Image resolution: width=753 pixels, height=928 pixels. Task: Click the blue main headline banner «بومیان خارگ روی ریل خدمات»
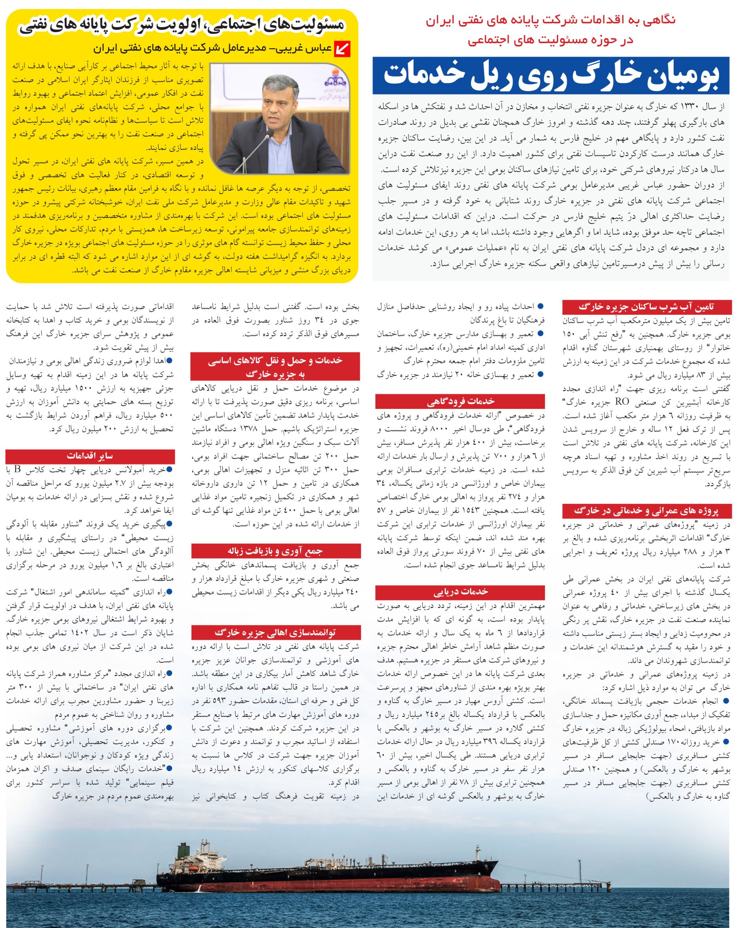pos(551,75)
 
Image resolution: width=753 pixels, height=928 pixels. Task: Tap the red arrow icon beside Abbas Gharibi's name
pos(342,49)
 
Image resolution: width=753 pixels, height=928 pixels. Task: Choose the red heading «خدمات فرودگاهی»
pos(460,401)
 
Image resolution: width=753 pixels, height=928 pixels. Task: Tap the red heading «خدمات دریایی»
pos(460,592)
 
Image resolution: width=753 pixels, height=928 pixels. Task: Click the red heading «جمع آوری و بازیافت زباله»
pos(275,551)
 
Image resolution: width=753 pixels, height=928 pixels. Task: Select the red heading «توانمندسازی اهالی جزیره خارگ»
pos(275,633)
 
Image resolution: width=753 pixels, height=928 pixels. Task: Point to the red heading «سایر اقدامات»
pos(90,456)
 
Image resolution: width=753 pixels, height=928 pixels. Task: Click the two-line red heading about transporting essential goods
pos(275,366)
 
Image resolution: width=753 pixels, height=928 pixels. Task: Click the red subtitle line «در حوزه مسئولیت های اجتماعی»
pos(551,40)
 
